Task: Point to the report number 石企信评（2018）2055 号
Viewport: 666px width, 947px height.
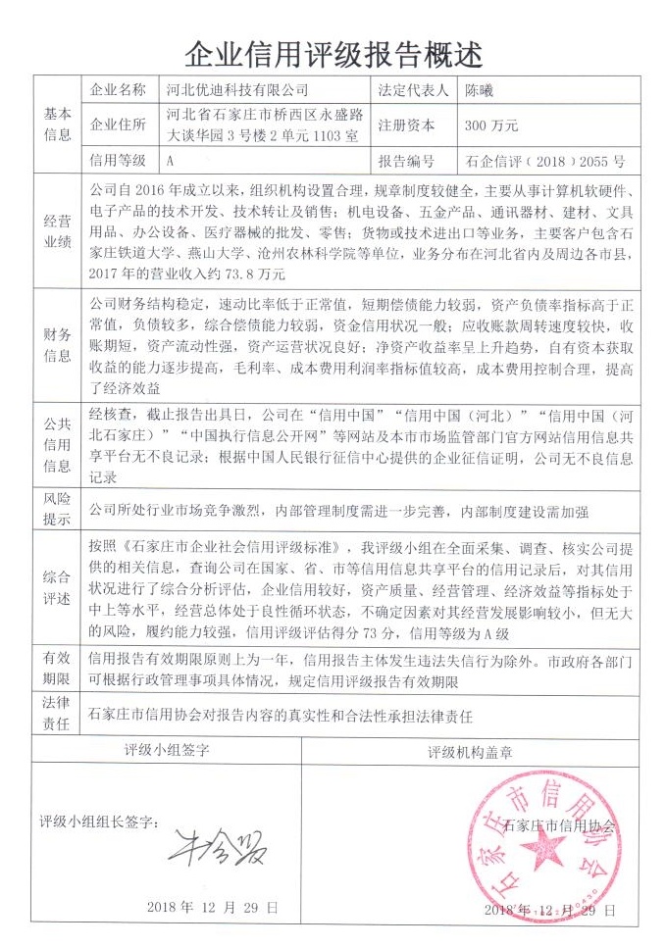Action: (544, 159)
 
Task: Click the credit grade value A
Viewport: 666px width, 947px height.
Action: (172, 159)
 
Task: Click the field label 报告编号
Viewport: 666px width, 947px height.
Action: (404, 159)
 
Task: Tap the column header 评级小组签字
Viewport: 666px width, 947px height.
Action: (168, 750)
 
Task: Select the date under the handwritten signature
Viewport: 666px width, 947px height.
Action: (212, 908)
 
